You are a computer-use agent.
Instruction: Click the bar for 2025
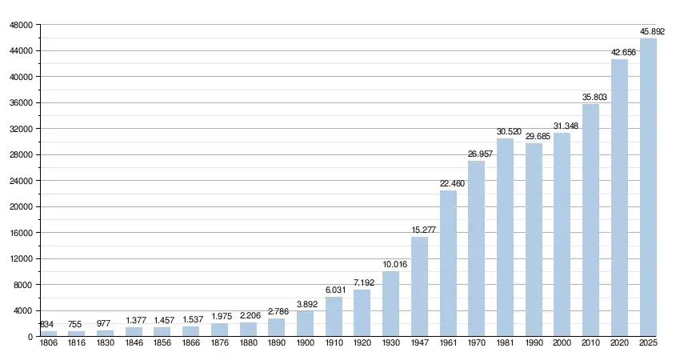click(648, 187)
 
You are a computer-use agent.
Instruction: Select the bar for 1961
click(448, 263)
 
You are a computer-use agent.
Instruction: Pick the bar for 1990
click(534, 240)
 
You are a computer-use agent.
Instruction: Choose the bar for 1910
click(334, 317)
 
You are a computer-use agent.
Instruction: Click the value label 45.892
click(652, 32)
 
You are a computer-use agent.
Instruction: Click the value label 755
click(76, 325)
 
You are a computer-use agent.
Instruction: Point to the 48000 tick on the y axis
click(21, 25)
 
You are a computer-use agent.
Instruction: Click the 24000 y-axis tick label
click(21, 181)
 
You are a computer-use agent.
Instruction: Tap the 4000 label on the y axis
click(23, 311)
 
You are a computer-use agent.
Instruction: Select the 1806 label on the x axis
click(48, 343)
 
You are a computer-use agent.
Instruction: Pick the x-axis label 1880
click(248, 343)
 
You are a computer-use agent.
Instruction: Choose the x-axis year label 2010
click(590, 343)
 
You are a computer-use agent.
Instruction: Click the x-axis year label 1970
click(477, 343)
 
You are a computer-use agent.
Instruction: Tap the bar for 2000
click(562, 234)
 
